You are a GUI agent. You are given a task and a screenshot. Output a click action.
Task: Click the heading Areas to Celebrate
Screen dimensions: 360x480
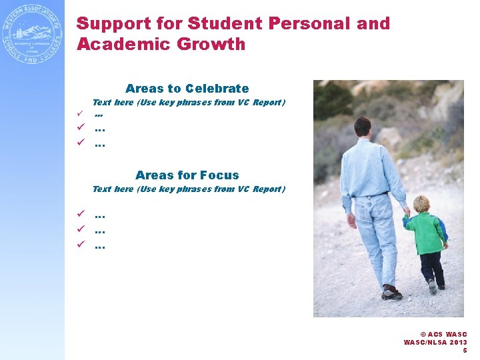(x=187, y=89)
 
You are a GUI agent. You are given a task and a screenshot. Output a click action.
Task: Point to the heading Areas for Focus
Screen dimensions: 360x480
(x=187, y=175)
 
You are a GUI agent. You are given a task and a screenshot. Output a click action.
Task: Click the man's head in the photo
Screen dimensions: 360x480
(x=362, y=127)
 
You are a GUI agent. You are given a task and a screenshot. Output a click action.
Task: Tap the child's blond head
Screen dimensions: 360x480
(x=421, y=204)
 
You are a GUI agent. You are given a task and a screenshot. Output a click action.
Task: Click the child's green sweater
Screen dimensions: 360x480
(x=427, y=233)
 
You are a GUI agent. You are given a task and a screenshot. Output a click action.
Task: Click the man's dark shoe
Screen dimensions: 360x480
(x=391, y=291)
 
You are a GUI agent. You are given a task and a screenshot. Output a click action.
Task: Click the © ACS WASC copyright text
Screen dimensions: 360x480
(x=443, y=334)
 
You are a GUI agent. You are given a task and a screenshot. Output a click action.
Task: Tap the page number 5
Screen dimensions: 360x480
(x=465, y=350)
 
